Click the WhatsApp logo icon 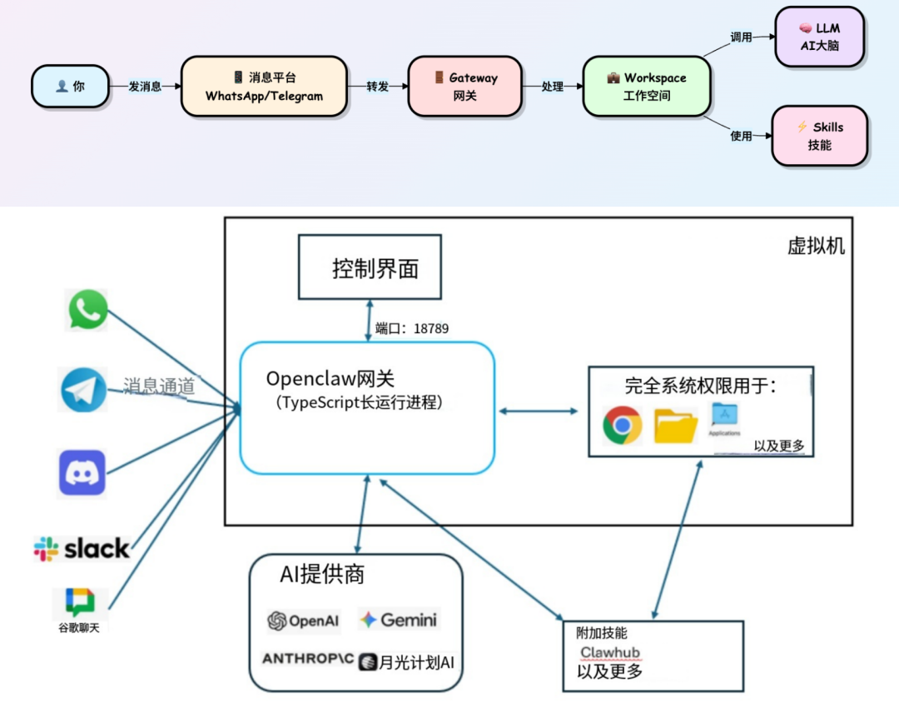click(x=87, y=310)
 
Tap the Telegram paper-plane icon click(x=84, y=390)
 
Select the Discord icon click(x=82, y=473)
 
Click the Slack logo click(x=82, y=548)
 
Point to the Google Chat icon click(x=81, y=602)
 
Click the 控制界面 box click(x=370, y=267)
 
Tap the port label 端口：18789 click(x=411, y=329)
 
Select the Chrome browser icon click(x=622, y=425)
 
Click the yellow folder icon click(x=675, y=426)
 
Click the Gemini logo click(x=398, y=620)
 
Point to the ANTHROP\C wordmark click(x=307, y=659)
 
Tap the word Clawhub click(x=610, y=652)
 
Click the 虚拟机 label click(x=816, y=247)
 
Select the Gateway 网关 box click(x=465, y=87)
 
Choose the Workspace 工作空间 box click(x=647, y=87)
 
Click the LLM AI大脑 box click(x=820, y=37)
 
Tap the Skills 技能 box click(x=820, y=136)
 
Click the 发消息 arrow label click(x=145, y=87)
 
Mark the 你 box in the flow click(x=70, y=86)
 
